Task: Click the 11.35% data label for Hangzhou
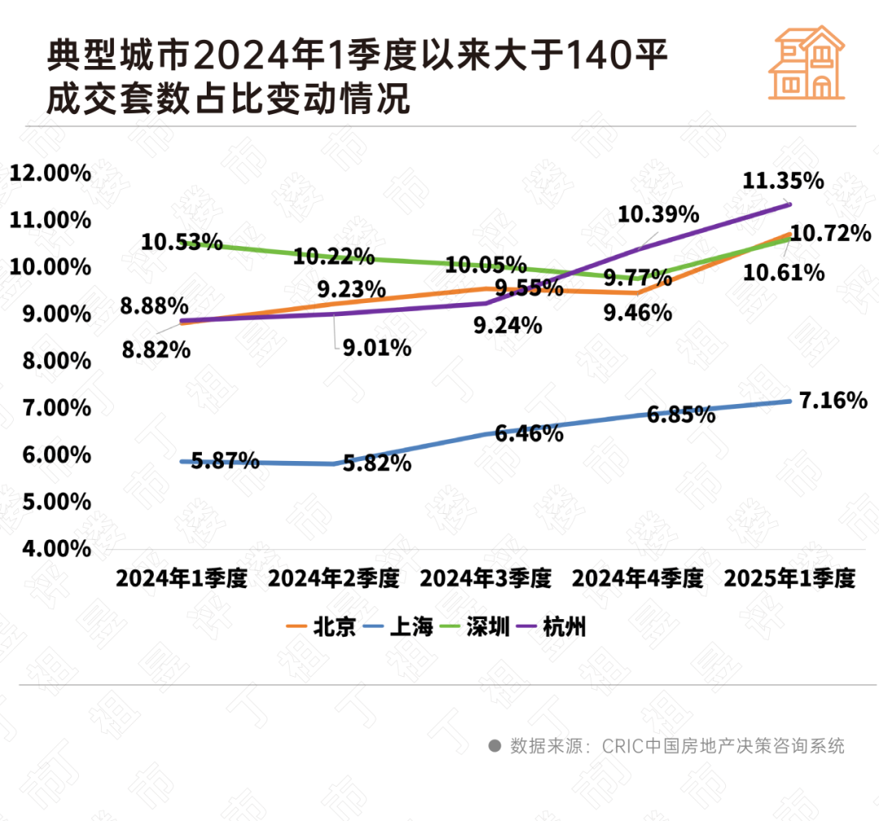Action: pos(784,181)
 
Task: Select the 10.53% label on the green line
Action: pos(181,242)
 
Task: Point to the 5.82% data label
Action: pos(377,464)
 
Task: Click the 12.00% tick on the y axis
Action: pos(50,173)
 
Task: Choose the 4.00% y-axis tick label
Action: pos(50,548)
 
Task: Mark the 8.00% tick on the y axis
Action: pos(50,361)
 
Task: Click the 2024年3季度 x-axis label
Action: pos(485,579)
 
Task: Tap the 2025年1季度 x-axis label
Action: pos(789,579)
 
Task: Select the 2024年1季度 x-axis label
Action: pos(181,579)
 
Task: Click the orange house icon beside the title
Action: pos(807,63)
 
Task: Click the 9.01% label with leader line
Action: pos(375,349)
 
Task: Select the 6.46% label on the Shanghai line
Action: pos(529,433)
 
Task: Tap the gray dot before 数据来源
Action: pos(494,745)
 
